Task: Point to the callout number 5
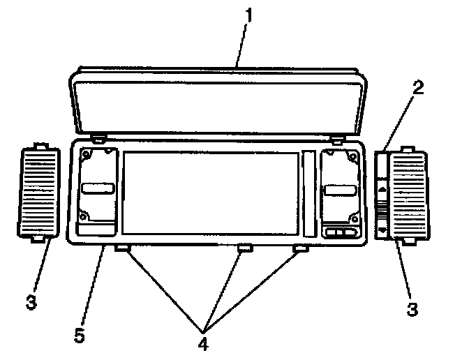pos(80,335)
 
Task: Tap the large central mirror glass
pos(209,192)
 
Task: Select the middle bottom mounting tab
pos(244,248)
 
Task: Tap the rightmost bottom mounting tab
pos(299,248)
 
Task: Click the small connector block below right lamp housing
pos(338,233)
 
